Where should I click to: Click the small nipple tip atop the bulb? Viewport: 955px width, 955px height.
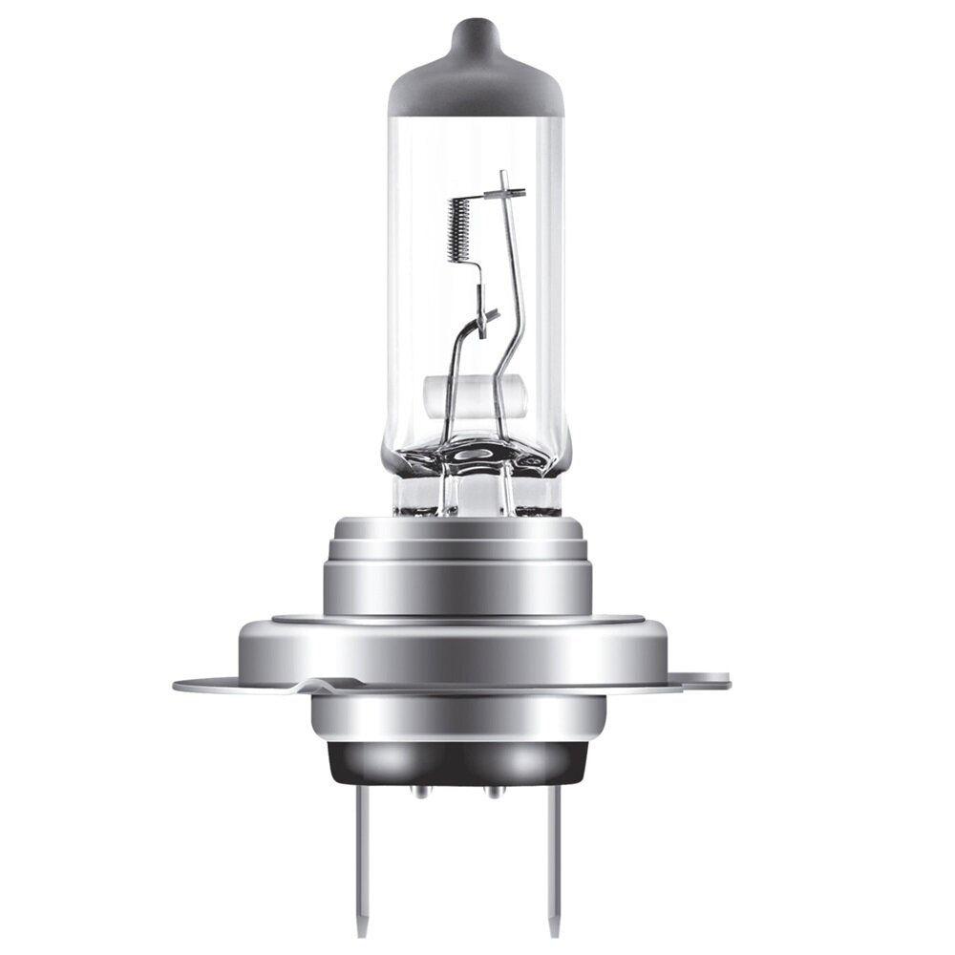475,29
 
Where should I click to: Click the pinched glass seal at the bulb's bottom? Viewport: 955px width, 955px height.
476,458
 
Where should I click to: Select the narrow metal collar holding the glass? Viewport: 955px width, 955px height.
475,497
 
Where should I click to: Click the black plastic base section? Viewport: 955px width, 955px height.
458,759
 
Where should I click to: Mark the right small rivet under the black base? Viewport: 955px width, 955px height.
493,791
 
